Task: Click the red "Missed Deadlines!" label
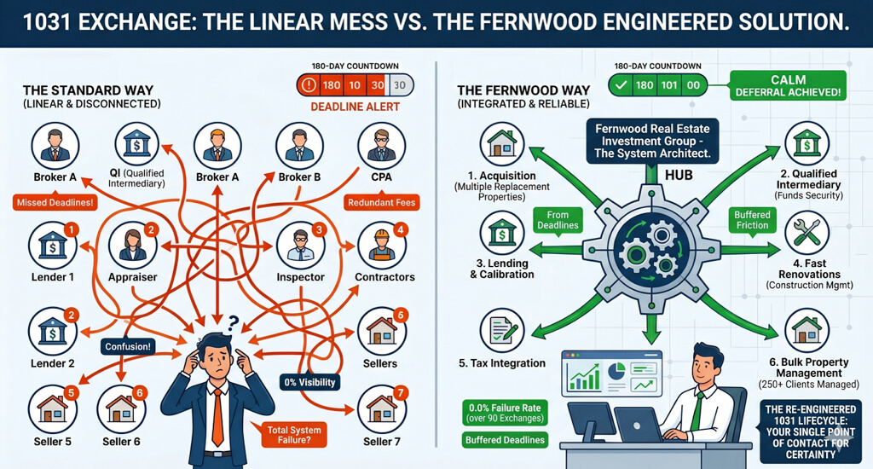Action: (x=55, y=202)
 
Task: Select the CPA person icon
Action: (x=381, y=146)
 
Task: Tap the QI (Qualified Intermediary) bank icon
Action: (x=137, y=144)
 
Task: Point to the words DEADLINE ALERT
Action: (x=356, y=107)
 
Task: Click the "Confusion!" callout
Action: (x=128, y=346)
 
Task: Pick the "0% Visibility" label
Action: (x=309, y=382)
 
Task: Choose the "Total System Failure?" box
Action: (x=294, y=435)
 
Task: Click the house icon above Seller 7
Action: (x=382, y=409)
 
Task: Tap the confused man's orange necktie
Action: (x=217, y=417)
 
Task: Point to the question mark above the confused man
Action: (x=233, y=322)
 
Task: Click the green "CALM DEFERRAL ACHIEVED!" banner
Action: (x=788, y=85)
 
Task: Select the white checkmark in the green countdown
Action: (x=622, y=85)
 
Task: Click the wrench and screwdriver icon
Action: (x=807, y=233)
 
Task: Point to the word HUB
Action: (x=679, y=175)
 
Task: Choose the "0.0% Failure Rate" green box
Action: (x=505, y=413)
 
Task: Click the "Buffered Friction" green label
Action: (x=752, y=220)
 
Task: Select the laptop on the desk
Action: (x=639, y=425)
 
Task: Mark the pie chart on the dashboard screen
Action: (x=616, y=371)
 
